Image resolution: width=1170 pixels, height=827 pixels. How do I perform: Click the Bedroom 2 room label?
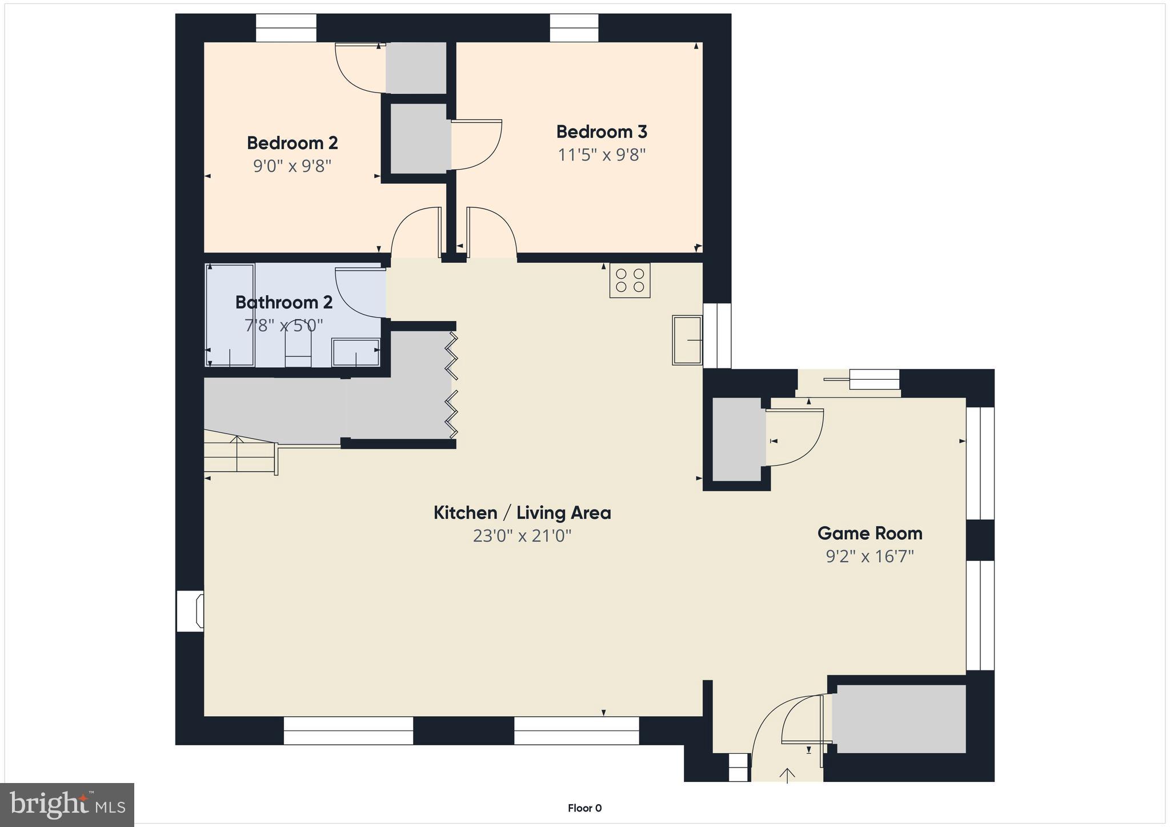(x=292, y=143)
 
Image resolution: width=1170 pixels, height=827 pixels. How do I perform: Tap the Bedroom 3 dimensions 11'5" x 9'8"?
(x=602, y=155)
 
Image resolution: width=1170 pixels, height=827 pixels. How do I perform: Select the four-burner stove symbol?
(x=630, y=280)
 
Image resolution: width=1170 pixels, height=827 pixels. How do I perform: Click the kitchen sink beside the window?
(x=687, y=340)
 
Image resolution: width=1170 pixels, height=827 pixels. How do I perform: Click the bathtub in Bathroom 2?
(x=230, y=315)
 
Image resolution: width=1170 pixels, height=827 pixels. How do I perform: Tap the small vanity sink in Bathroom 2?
(x=356, y=352)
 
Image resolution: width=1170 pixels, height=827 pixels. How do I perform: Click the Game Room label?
(x=870, y=533)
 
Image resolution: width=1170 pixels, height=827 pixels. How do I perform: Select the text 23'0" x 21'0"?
(x=522, y=536)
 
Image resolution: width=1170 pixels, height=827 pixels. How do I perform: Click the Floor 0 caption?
(x=584, y=808)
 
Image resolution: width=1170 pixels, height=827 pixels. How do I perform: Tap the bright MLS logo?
(x=67, y=805)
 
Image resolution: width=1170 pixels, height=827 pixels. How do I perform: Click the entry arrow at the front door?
(x=787, y=775)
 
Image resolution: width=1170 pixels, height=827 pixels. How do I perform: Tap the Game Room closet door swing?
(x=794, y=437)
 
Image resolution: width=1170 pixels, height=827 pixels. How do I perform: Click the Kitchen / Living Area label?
(x=522, y=513)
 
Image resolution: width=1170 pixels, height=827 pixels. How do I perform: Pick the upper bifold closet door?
(x=452, y=356)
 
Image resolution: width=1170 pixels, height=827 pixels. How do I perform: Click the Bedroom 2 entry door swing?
(x=415, y=232)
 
